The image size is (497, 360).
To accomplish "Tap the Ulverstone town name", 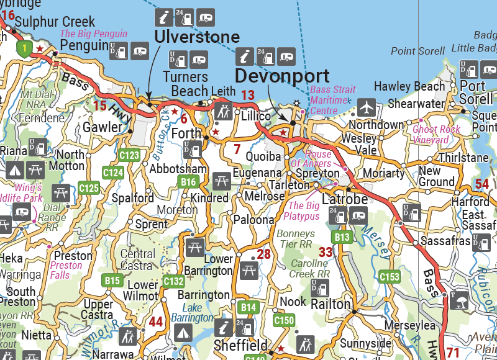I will (x=196, y=36).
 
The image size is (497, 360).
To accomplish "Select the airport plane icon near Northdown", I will (x=367, y=107).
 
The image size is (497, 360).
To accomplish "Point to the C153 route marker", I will (x=389, y=276).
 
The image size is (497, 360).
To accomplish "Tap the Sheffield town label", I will (x=240, y=345).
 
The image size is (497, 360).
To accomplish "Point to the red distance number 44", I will (x=155, y=322).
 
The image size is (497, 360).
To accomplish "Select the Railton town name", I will (x=331, y=304).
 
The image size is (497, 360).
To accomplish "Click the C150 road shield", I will (x=283, y=320).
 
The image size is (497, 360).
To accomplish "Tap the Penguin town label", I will (x=84, y=45).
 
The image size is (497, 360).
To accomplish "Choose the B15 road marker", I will (x=112, y=281).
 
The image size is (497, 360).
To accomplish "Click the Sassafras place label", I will (x=445, y=240).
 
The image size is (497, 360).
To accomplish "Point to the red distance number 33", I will (x=326, y=252).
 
